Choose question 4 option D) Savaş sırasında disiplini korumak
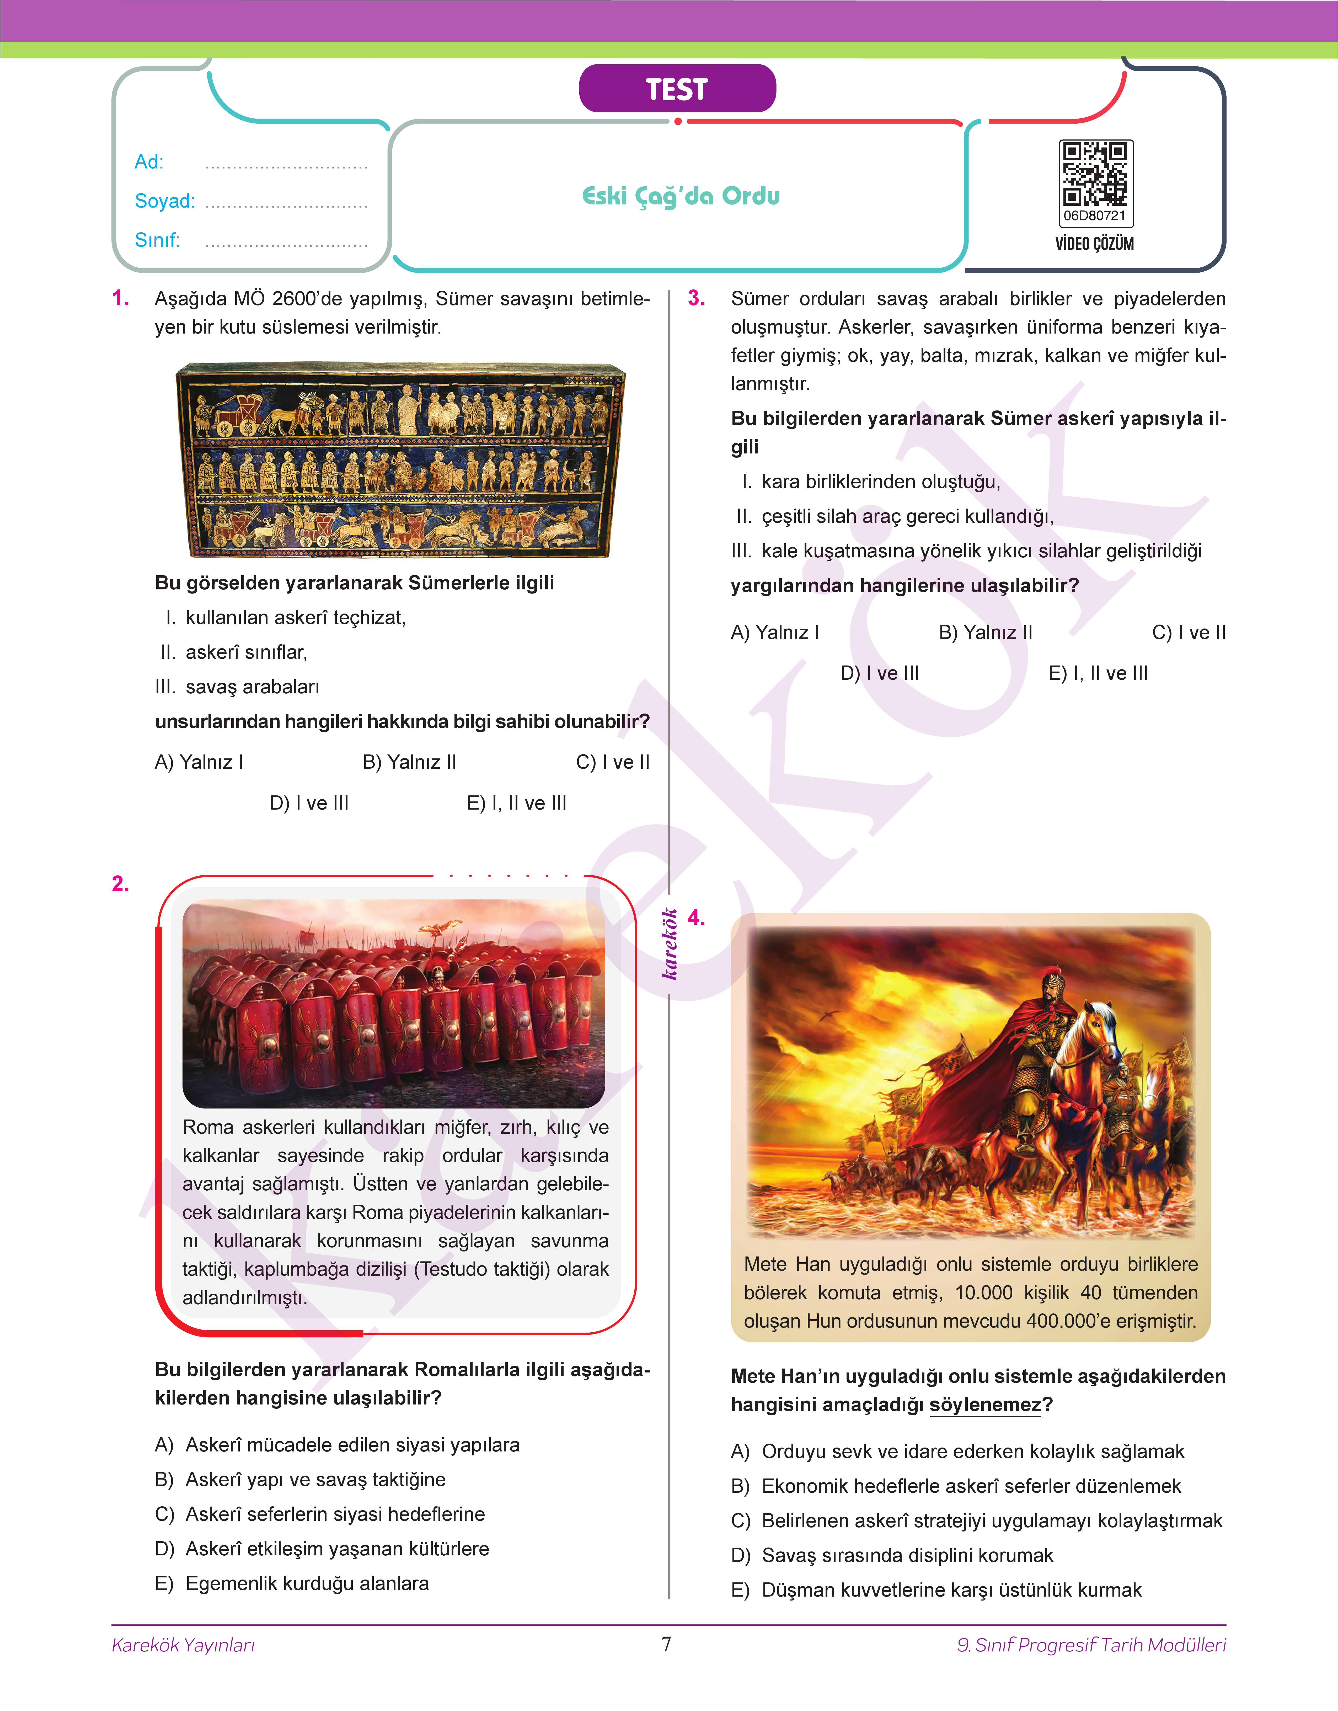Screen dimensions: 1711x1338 click(x=892, y=1555)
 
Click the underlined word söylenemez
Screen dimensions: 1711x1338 click(x=985, y=1404)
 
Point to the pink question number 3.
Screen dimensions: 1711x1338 click(x=697, y=299)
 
